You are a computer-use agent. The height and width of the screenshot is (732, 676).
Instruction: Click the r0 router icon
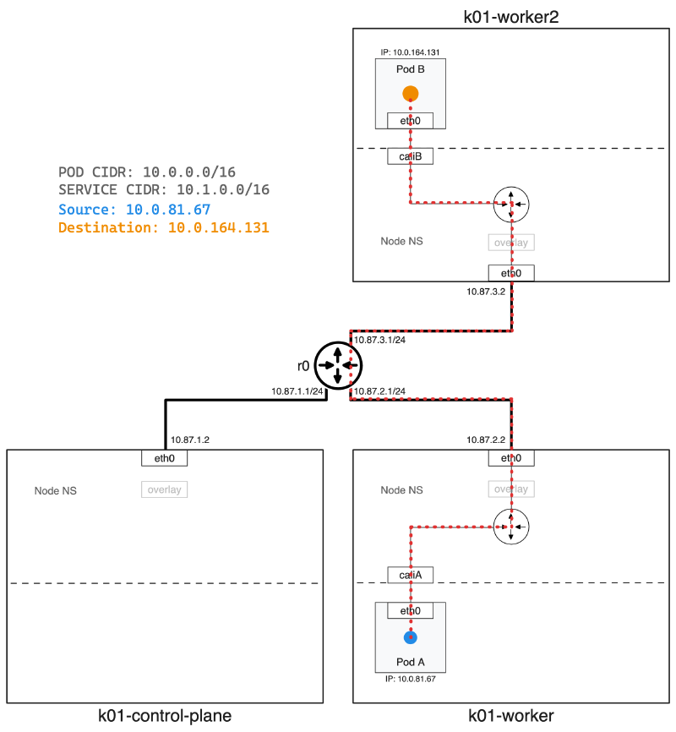click(338, 366)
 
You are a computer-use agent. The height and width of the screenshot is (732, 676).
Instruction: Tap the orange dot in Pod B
click(410, 93)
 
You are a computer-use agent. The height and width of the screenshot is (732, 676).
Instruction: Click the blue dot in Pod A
click(410, 636)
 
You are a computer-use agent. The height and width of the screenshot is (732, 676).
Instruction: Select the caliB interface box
click(410, 156)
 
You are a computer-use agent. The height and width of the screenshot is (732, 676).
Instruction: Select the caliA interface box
click(410, 575)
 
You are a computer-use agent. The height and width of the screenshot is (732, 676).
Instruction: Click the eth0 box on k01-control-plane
click(164, 458)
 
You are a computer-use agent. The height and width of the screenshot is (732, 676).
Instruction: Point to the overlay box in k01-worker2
click(511, 243)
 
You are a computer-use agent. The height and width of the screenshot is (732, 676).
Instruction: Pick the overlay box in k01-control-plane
click(164, 489)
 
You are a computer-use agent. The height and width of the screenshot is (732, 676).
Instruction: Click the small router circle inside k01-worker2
click(511, 204)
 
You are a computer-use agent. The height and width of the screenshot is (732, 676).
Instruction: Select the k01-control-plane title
click(165, 717)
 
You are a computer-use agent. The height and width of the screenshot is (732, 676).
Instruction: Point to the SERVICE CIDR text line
click(164, 190)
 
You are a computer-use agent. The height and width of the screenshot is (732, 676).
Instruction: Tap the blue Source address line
click(134, 209)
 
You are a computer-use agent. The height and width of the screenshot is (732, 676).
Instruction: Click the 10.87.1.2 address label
click(189, 440)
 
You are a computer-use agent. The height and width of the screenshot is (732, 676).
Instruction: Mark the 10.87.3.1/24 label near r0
click(380, 340)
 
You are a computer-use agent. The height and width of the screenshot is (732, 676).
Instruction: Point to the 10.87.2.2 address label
click(486, 440)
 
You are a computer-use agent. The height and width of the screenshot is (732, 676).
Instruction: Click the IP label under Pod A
click(410, 678)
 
